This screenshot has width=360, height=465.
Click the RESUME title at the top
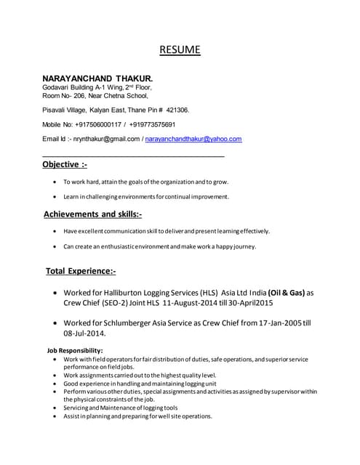pyautogui.click(x=180, y=50)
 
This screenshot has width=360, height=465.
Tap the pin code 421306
pyautogui.click(x=177, y=110)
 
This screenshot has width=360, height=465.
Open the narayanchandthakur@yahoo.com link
pyautogui.click(x=193, y=139)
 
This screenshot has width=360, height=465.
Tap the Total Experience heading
pyautogui.click(x=81, y=271)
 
